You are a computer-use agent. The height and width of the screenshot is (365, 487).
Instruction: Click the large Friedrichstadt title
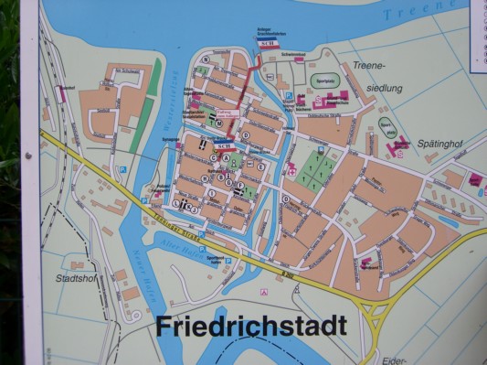point(250,326)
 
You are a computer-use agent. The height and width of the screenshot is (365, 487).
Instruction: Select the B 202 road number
point(290,273)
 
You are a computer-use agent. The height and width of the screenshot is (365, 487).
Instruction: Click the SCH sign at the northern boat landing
point(267,44)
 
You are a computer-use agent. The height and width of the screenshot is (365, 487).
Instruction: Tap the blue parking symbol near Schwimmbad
point(289,96)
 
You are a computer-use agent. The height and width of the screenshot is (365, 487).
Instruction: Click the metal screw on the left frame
point(28,156)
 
